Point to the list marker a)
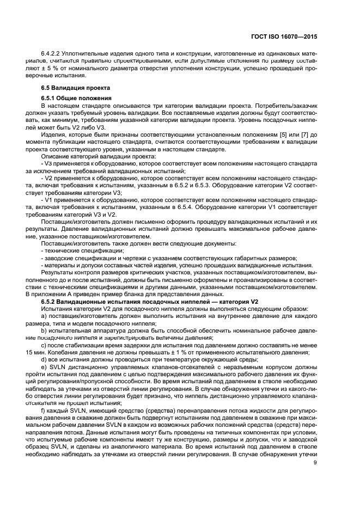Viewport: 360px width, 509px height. point(44,315)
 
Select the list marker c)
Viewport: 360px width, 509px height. point(44,345)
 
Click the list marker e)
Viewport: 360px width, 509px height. point(44,366)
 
